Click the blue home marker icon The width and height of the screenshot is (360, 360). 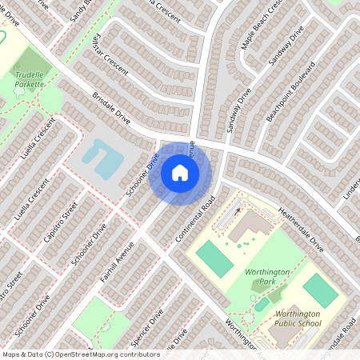point(180,171)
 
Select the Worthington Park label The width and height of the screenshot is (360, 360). point(261,278)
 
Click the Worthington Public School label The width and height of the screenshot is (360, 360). point(298,319)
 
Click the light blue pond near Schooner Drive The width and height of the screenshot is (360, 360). point(102,158)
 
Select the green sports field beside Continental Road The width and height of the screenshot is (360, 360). point(212,258)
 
